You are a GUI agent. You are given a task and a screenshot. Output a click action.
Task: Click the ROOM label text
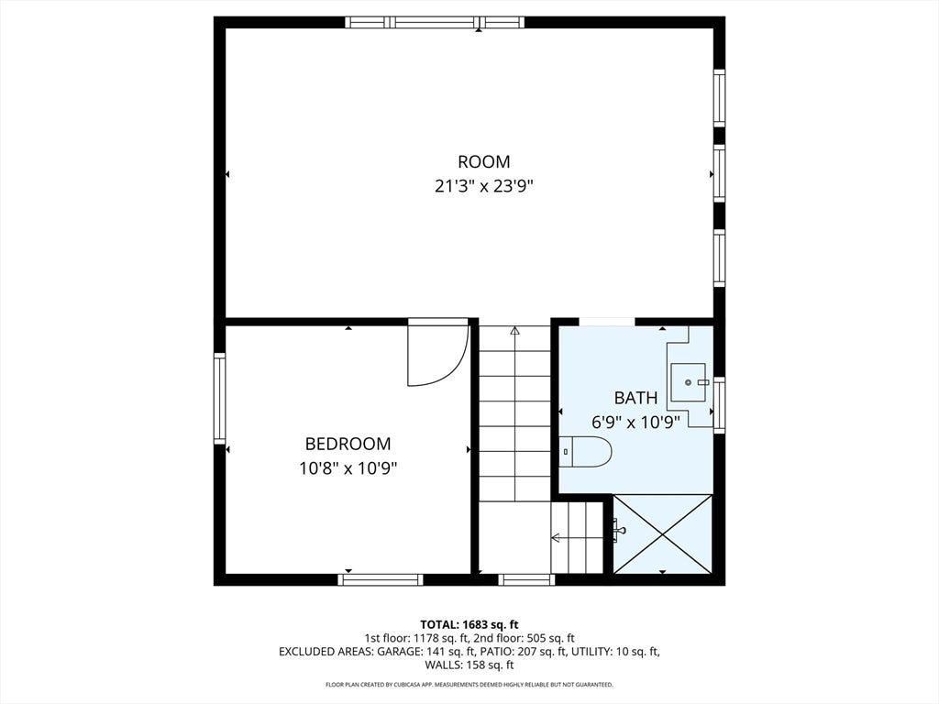click(484, 161)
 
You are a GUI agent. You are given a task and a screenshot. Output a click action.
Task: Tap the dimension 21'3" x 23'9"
click(484, 187)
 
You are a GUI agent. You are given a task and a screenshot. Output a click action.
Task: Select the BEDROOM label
click(348, 444)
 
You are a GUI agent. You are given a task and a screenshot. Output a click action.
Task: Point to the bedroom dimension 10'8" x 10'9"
click(348, 468)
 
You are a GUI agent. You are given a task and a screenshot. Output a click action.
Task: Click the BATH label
click(636, 398)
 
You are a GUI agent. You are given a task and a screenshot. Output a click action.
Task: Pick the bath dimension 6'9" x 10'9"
click(636, 423)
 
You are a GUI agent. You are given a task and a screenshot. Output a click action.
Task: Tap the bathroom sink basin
click(688, 382)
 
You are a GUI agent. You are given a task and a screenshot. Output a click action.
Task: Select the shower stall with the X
click(663, 534)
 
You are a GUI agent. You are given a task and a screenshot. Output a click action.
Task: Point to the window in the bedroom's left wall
click(220, 398)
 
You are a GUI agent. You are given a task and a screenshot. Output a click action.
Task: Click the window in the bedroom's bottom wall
click(381, 579)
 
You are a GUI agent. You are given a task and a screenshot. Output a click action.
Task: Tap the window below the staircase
click(526, 579)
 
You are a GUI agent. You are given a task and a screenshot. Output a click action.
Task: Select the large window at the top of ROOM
click(435, 23)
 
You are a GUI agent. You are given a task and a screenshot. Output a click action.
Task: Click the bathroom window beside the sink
click(719, 404)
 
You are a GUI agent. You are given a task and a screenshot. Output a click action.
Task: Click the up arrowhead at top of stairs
click(514, 330)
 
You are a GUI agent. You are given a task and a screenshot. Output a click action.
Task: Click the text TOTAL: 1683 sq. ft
click(469, 625)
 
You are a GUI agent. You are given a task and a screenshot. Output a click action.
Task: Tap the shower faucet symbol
click(619, 530)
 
